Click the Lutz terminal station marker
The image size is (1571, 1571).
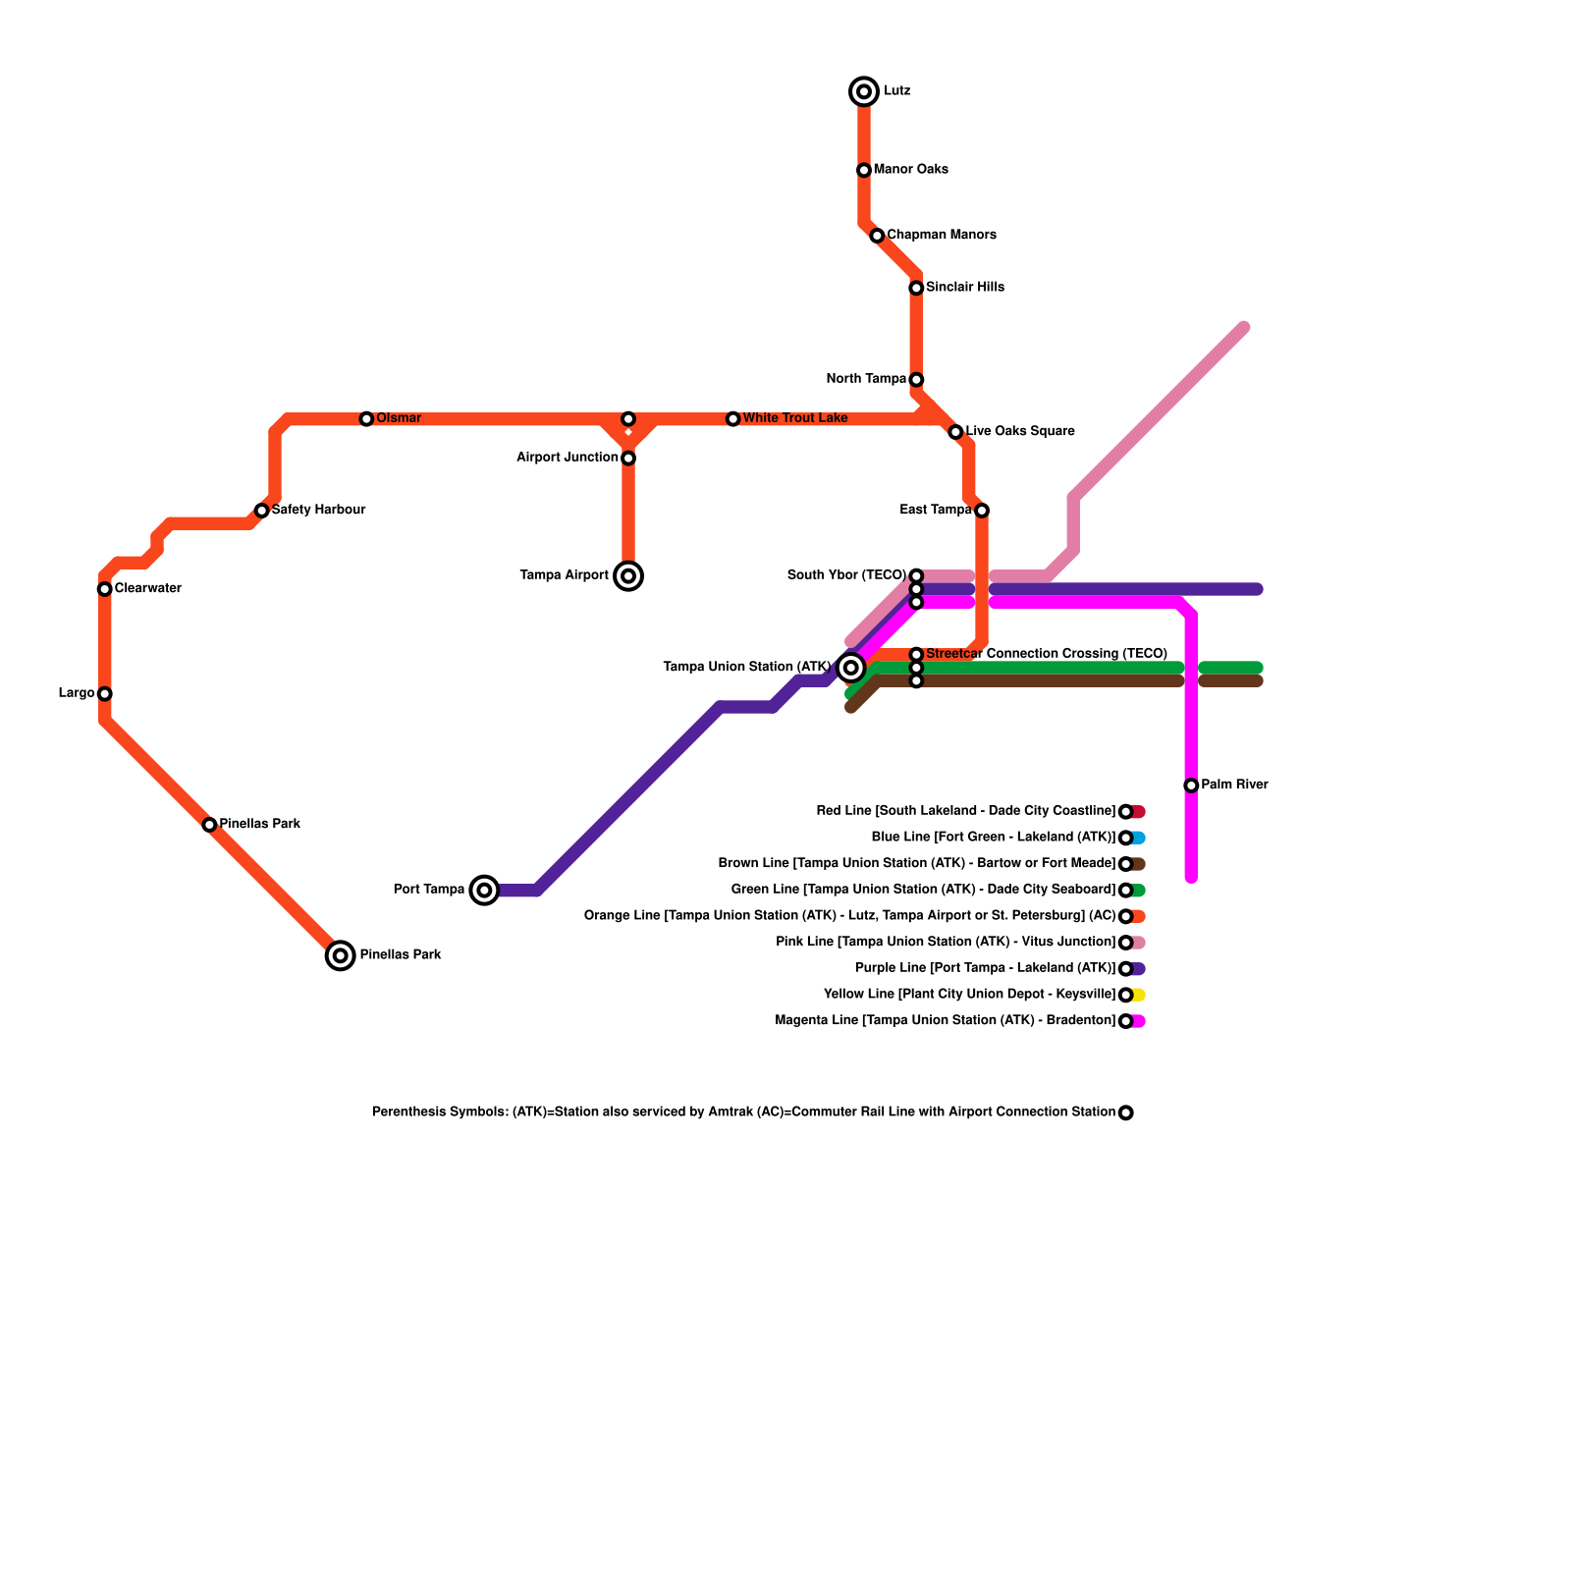[x=864, y=92]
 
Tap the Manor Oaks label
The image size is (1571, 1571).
[x=910, y=170]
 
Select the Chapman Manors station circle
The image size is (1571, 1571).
[x=877, y=236]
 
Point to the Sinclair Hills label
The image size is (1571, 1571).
[x=964, y=288]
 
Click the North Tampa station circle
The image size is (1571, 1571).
[x=916, y=380]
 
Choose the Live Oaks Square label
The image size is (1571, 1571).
[x=1019, y=431]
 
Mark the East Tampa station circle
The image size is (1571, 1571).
[x=982, y=511]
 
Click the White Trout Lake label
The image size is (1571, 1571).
[x=794, y=418]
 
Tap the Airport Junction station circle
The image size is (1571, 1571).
[x=628, y=459]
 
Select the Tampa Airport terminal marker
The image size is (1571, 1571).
[x=628, y=576]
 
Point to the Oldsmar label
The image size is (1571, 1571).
[x=398, y=418]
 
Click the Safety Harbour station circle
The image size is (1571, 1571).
[x=261, y=511]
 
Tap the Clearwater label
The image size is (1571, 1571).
[x=147, y=589]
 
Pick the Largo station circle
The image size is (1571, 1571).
[x=104, y=694]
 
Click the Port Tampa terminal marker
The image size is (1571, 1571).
[x=484, y=891]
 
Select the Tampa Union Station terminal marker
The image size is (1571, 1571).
[x=851, y=668]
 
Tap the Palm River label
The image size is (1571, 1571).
[x=1234, y=785]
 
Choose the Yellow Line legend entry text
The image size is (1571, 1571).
[x=969, y=995]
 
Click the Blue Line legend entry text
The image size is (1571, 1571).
[x=993, y=838]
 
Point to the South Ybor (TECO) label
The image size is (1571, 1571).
[x=846, y=575]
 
